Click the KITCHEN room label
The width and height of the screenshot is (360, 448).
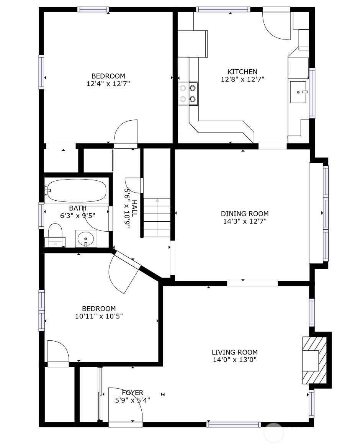[242, 72]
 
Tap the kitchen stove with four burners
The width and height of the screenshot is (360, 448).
[188, 93]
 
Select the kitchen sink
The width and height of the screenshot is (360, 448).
[299, 92]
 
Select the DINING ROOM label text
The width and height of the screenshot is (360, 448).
[245, 214]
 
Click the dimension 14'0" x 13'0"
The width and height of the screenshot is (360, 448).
[234, 360]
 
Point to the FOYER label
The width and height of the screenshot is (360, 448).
[133, 392]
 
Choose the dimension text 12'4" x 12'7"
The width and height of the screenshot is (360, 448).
[108, 83]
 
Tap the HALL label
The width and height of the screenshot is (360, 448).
[135, 208]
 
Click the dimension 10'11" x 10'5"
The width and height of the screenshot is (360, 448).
[99, 316]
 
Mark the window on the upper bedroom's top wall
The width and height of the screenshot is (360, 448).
[93, 10]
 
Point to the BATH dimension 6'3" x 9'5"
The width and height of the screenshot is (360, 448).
[78, 216]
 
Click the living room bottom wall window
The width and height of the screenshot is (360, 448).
[234, 424]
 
